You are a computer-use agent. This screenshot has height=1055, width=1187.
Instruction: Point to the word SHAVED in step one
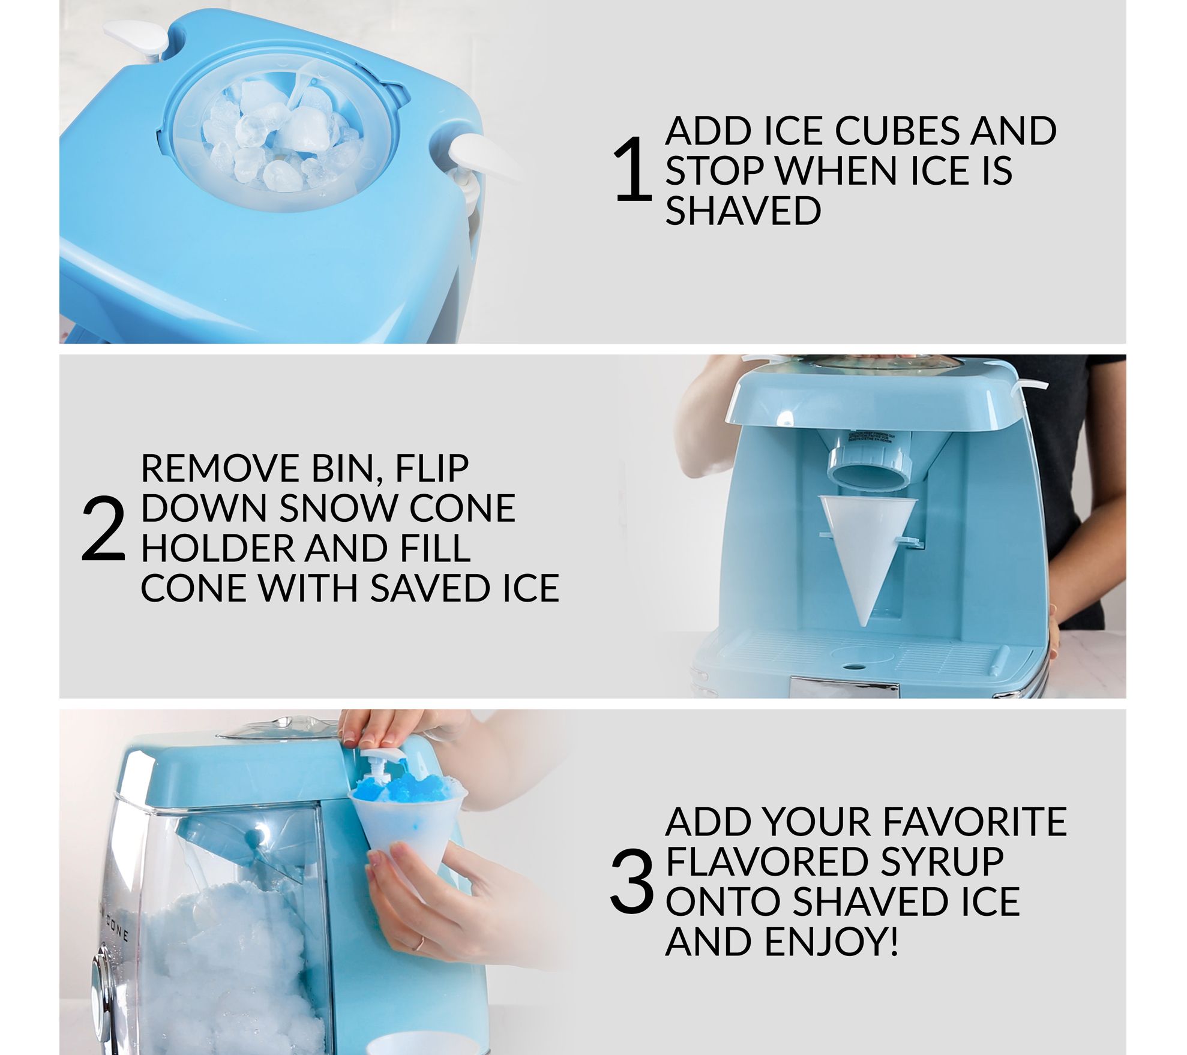(x=743, y=211)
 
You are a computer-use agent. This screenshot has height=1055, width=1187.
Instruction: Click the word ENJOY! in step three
(x=832, y=941)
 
